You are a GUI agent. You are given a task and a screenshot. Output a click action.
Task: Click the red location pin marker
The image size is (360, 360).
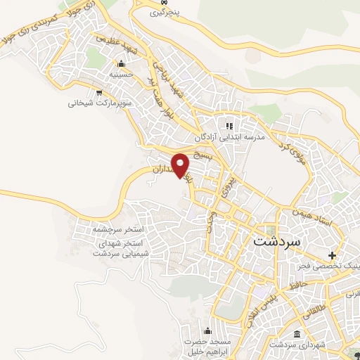pos(181,165)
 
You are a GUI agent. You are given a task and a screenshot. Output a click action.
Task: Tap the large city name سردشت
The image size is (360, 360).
pos(275,240)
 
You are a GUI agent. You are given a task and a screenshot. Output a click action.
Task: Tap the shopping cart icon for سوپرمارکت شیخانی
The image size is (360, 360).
pos(100,91)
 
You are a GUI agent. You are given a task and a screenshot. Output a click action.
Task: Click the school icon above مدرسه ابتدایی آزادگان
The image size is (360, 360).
pos(226,124)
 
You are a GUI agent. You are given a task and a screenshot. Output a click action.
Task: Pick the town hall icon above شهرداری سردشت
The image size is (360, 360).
pos(297,333)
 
